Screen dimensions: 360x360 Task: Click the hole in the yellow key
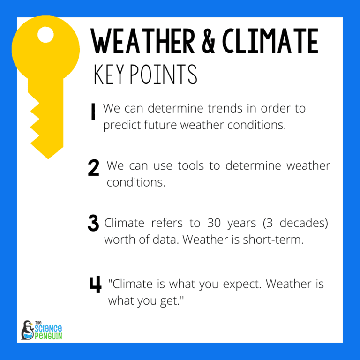click(45, 34)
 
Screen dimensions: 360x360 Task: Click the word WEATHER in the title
click(143, 42)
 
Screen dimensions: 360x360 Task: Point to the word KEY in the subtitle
click(109, 75)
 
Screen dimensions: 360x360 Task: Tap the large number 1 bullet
click(93, 112)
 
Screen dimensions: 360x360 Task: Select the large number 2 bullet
click(94, 168)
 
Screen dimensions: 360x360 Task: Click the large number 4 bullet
click(95, 285)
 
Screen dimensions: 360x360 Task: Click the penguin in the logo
click(27, 330)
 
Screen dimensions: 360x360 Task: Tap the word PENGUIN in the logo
click(49, 336)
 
